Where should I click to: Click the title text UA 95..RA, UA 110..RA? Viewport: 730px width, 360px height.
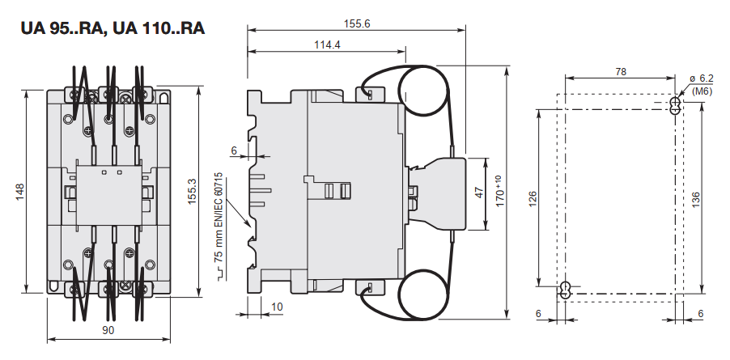[x=112, y=28]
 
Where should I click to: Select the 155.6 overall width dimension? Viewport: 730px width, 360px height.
[x=356, y=24]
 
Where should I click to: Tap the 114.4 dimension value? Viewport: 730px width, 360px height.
[x=327, y=44]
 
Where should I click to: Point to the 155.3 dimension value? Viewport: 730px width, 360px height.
[x=192, y=193]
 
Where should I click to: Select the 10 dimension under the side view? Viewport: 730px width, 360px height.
[x=278, y=307]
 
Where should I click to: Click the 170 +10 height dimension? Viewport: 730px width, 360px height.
[x=500, y=194]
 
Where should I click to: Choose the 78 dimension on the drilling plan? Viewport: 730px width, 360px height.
[x=621, y=72]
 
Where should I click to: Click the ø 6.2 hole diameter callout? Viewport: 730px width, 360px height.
[x=701, y=78]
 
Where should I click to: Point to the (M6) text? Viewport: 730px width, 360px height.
[x=702, y=91]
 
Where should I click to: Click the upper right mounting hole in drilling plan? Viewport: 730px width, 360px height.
[x=676, y=106]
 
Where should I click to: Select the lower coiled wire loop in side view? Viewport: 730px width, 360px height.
[x=425, y=292]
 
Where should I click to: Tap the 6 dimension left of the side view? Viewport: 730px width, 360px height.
[x=234, y=150]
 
